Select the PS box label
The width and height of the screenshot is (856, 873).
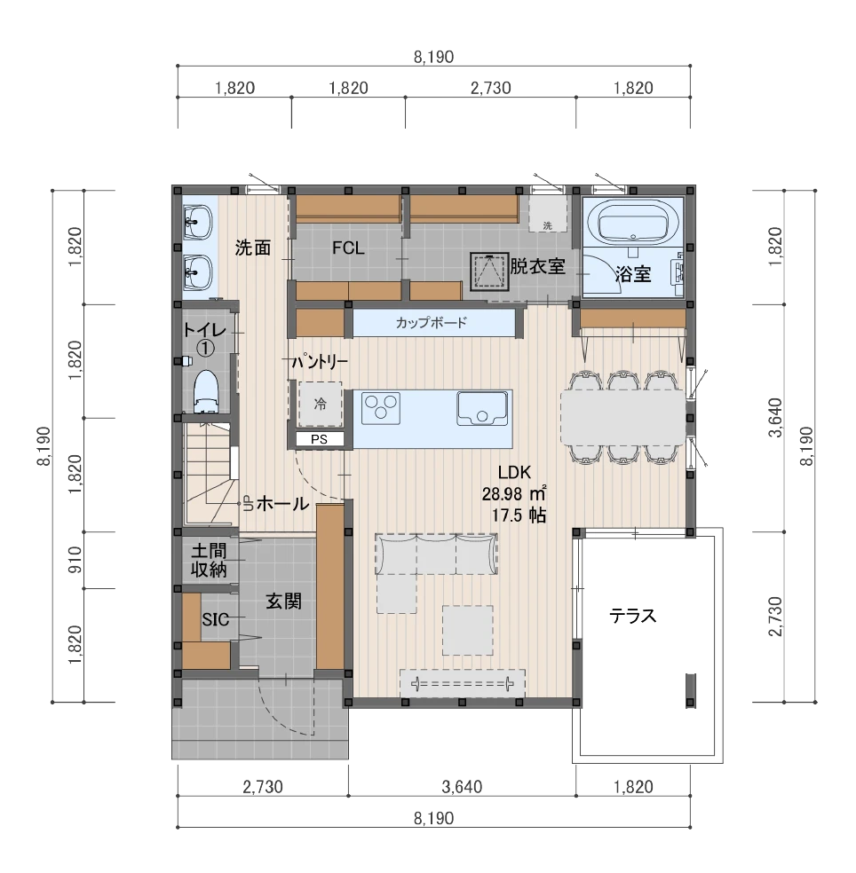[x=320, y=439]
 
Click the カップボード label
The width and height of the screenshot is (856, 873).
[x=431, y=322]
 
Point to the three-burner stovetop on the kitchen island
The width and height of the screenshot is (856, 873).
[x=381, y=407]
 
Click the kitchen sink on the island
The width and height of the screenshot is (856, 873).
[x=482, y=407]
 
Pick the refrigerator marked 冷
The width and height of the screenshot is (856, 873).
[x=320, y=404]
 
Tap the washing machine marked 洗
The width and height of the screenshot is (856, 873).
[x=548, y=213]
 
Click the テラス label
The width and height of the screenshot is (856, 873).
[x=632, y=616]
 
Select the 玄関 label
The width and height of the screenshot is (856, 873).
[x=283, y=601]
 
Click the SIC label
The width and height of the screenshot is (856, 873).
[x=215, y=619]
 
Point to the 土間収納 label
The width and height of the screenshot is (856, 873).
[x=209, y=560]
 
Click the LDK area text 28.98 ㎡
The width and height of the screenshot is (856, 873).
[x=514, y=493]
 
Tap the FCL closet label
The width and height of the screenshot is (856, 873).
[x=348, y=248]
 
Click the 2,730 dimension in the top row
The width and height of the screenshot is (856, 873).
[x=490, y=88]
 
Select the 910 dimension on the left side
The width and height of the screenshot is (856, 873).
[x=75, y=560]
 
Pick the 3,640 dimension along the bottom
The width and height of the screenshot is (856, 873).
[x=462, y=787]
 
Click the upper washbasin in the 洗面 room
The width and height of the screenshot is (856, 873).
[x=198, y=223]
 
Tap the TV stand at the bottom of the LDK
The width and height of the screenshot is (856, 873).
[x=463, y=682]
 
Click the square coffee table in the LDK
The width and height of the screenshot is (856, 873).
[x=468, y=630]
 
